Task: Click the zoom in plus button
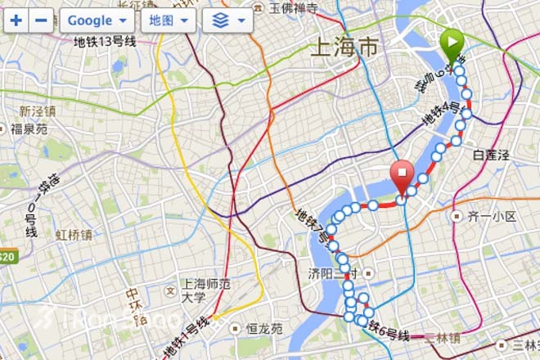16,20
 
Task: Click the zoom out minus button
39,20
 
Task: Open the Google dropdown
97,20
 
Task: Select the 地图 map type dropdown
168,20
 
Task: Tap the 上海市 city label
344,48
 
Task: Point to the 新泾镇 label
38,111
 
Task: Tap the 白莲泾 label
491,154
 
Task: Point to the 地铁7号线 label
315,228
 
